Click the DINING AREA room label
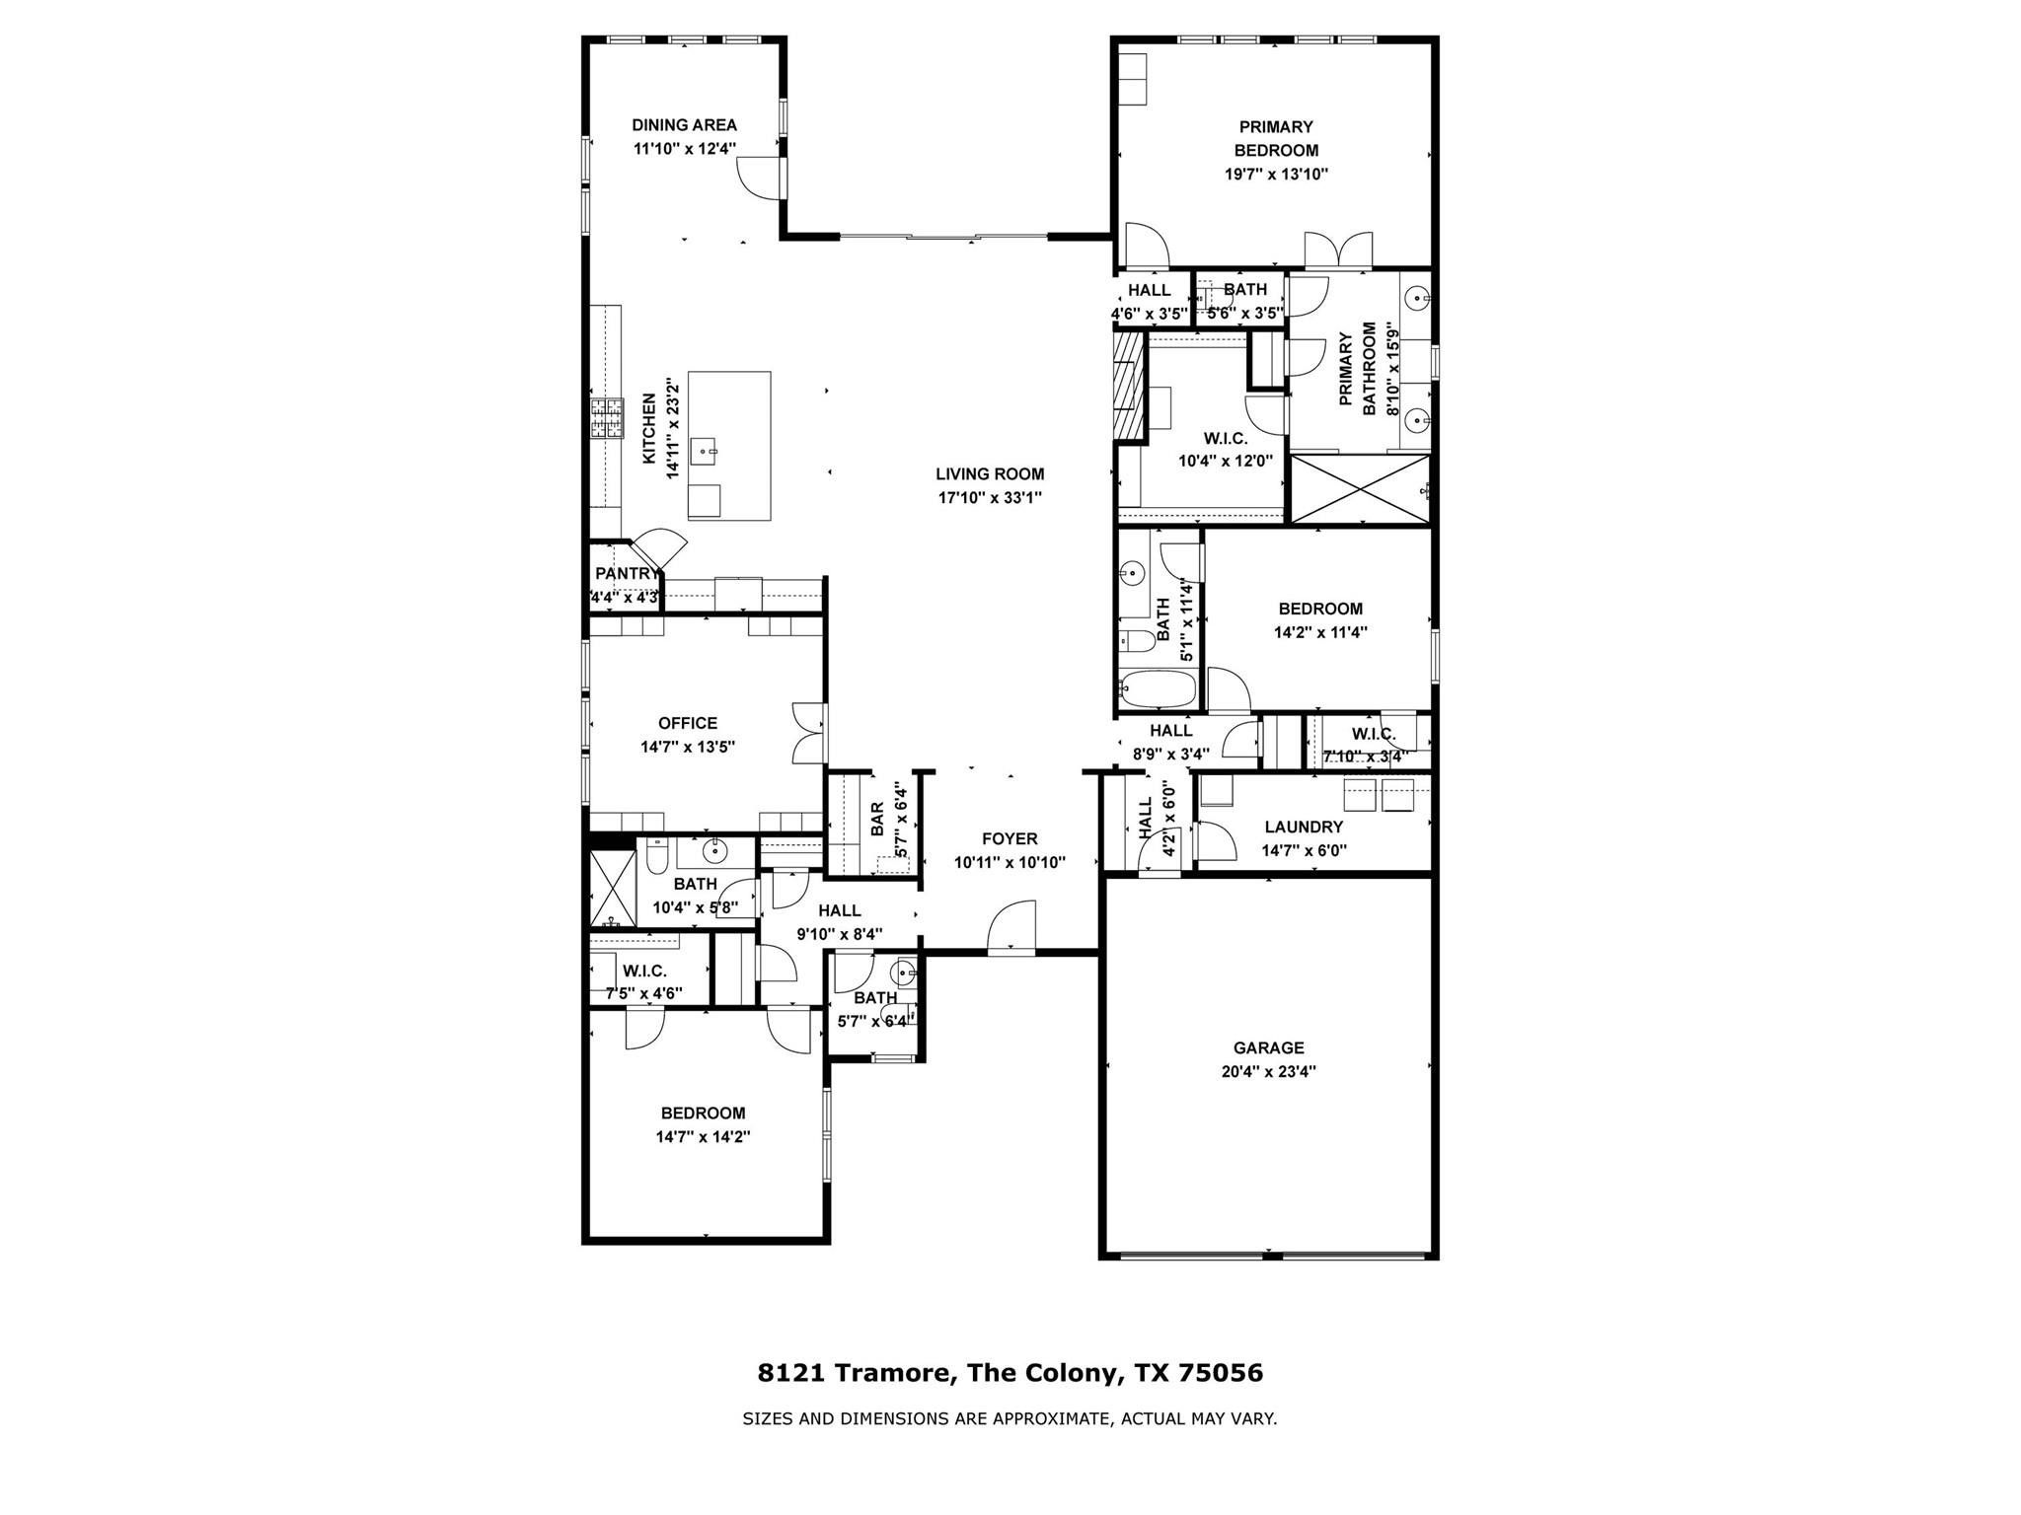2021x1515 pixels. [x=684, y=125]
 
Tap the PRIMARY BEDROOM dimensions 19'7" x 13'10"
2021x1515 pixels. [x=1276, y=175]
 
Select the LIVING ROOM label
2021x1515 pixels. [x=990, y=474]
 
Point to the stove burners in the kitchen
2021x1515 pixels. [x=607, y=417]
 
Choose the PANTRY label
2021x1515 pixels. [x=625, y=574]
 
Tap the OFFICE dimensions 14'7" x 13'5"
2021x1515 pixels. [x=688, y=747]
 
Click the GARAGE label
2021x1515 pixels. [x=1268, y=1047]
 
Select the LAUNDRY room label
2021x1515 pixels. [x=1304, y=827]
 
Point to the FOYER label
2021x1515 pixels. [x=1010, y=838]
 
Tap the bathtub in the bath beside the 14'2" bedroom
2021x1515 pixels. [x=1159, y=689]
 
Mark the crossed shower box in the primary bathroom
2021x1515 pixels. [x=1360, y=489]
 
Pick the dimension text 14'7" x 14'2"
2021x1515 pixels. [x=704, y=1136]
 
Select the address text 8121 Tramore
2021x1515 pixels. [x=855, y=1373]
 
